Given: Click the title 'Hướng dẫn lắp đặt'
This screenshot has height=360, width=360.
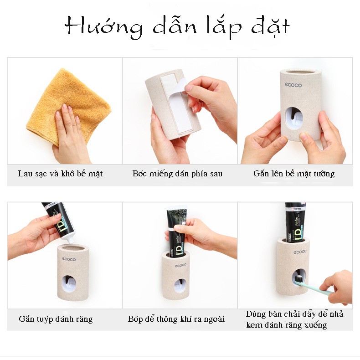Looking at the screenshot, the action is click(x=177, y=27).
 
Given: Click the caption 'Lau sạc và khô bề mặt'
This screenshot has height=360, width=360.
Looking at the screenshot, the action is click(x=60, y=174).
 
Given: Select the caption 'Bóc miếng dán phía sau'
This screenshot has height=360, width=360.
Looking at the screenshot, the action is click(x=177, y=174).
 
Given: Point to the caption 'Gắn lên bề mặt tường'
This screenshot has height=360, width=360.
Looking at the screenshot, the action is click(x=294, y=174).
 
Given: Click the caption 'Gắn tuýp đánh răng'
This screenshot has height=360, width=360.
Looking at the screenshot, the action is click(x=56, y=319).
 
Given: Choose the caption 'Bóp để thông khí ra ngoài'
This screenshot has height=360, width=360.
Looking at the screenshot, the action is click(x=176, y=319).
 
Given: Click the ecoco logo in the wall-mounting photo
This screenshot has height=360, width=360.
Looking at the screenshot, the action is click(x=293, y=85).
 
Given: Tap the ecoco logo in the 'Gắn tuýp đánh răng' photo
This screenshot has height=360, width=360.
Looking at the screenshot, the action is click(x=69, y=259).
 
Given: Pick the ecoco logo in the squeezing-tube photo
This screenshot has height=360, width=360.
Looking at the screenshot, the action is click(x=180, y=265).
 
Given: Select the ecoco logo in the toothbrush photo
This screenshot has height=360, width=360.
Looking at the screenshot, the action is click(x=300, y=252).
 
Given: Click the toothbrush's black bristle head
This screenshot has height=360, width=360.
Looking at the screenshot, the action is click(x=299, y=279).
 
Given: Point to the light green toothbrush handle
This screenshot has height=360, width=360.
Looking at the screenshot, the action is click(x=316, y=288).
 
